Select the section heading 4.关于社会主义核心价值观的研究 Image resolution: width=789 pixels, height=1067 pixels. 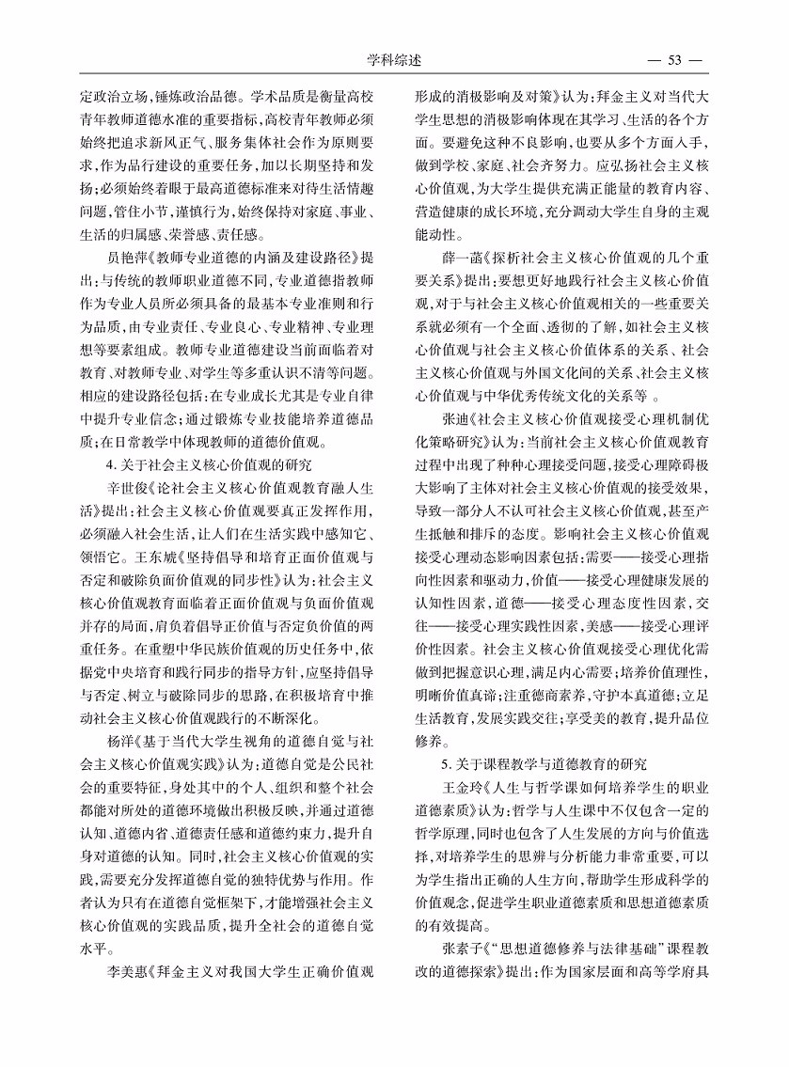click(209, 463)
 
